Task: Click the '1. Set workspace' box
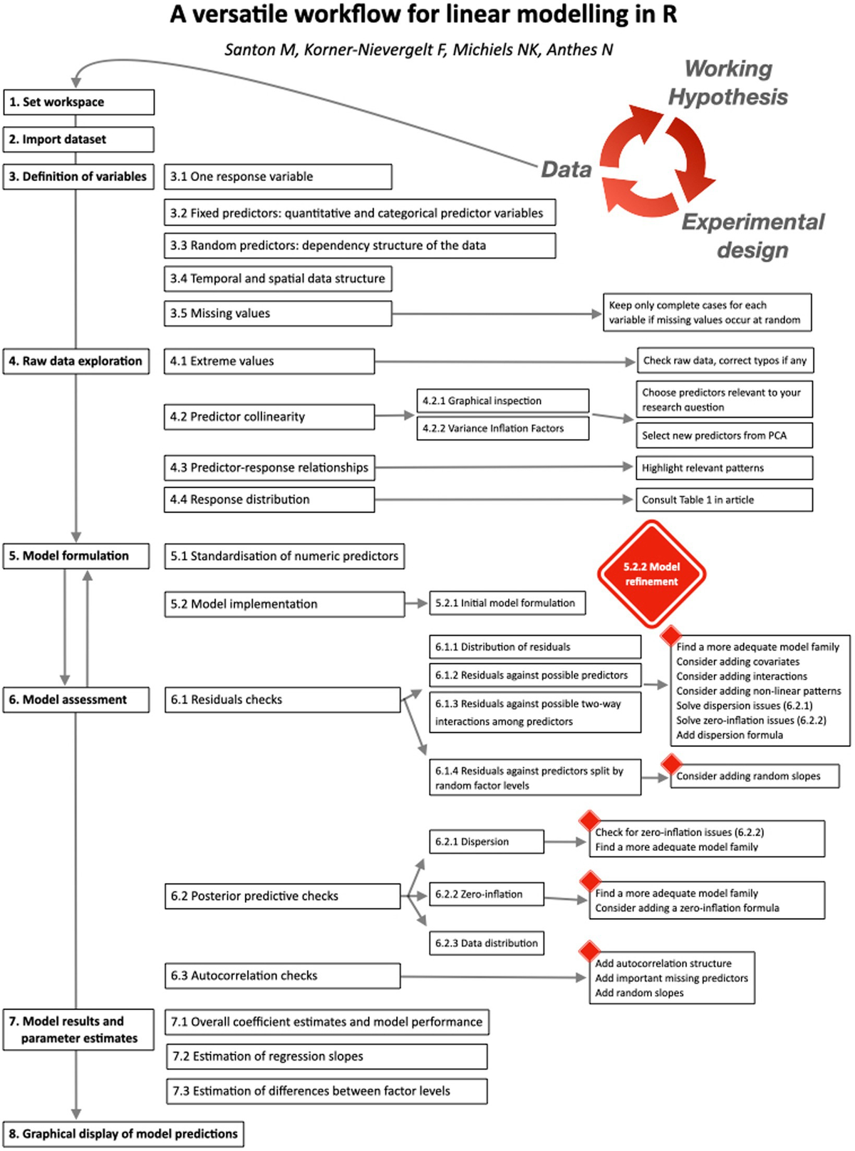pos(78,102)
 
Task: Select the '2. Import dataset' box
pos(78,139)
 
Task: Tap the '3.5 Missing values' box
pos(277,314)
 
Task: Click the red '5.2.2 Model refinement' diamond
pos(651,574)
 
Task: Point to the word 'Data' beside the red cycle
pos(566,170)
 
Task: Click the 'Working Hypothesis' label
pos(728,83)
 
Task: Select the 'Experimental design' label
pos(752,236)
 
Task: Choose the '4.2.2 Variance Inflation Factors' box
pos(502,428)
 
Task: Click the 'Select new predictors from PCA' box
pos(724,435)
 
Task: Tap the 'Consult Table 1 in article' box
pos(724,500)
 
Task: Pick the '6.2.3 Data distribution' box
pos(487,943)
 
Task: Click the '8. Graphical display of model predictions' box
pos(123,1134)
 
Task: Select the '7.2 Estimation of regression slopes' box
pos(327,1056)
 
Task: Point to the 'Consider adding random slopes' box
pos(754,776)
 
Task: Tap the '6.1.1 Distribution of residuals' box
pos(534,647)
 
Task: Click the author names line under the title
pos(419,50)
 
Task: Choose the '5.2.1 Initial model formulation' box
pos(507,603)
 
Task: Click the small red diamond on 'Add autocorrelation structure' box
pos(589,951)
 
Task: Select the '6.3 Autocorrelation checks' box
pos(282,976)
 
